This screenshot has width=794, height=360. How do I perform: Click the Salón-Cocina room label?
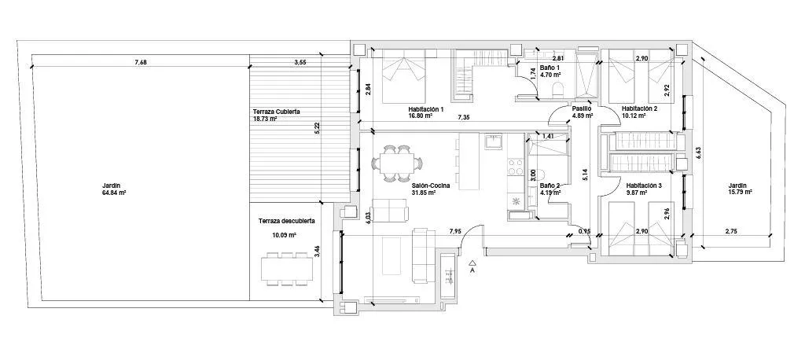tap(431, 186)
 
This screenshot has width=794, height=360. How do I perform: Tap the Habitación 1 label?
tap(426, 108)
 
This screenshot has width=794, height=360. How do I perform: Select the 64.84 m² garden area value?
tap(114, 193)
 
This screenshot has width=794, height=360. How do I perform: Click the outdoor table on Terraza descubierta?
tap(287, 268)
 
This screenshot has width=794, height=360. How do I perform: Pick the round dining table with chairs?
tap(398, 163)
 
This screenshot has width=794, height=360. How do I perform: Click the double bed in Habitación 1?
tap(403, 76)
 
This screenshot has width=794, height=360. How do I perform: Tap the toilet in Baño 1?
tap(557, 90)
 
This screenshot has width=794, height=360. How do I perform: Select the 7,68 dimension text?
tap(141, 62)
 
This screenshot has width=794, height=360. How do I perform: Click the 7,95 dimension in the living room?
tap(456, 231)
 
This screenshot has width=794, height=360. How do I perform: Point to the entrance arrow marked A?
tap(472, 266)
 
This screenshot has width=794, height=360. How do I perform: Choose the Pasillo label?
tap(580, 108)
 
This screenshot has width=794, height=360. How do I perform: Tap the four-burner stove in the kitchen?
tap(515, 167)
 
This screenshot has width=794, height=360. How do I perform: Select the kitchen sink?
tap(493, 142)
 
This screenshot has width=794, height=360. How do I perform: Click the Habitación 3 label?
tap(644, 186)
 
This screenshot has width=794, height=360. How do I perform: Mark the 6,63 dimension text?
tap(698, 154)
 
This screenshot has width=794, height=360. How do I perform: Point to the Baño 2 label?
tap(550, 186)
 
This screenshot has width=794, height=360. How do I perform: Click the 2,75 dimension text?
tap(731, 231)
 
